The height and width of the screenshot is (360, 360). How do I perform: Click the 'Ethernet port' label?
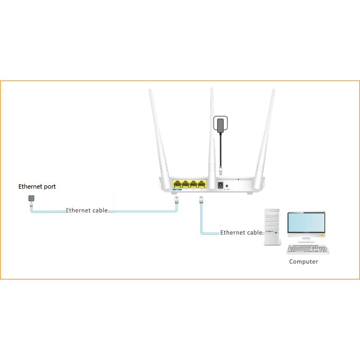37,186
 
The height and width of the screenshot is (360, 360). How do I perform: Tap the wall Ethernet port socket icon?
31,199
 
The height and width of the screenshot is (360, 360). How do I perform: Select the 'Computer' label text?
303,262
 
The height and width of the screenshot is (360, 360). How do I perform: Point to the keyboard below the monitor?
308,249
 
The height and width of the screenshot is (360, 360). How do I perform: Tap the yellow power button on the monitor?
323,236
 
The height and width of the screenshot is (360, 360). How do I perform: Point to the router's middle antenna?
211,135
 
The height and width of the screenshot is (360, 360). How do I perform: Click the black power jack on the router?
221,185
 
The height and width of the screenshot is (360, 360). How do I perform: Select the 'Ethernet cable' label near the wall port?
86,210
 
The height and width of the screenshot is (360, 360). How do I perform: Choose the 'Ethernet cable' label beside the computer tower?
241,232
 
